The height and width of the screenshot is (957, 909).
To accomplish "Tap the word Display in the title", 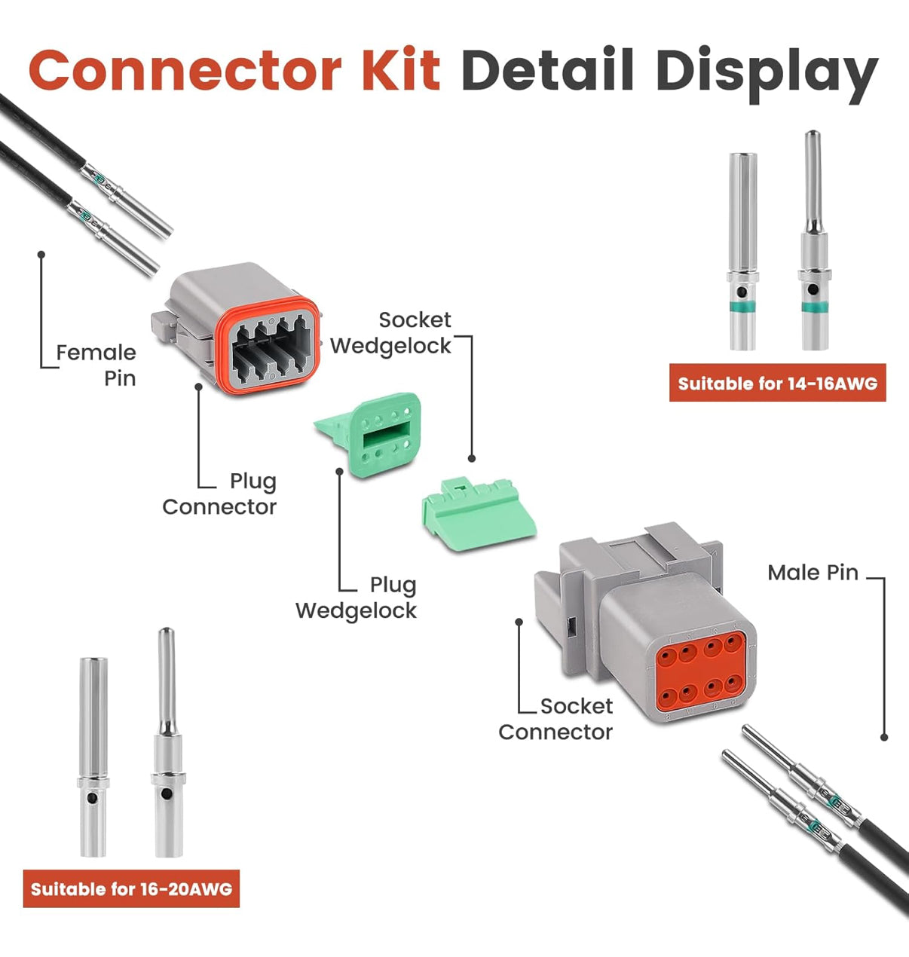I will pyautogui.click(x=767, y=72).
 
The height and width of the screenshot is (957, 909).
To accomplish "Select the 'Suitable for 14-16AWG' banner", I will pyautogui.click(x=777, y=384).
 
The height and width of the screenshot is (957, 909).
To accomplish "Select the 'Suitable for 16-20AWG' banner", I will pyautogui.click(x=131, y=889).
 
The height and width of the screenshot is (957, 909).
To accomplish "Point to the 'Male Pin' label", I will pyautogui.click(x=813, y=573).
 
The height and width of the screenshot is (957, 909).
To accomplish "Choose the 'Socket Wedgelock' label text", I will pyautogui.click(x=392, y=332).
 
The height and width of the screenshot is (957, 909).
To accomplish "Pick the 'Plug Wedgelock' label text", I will pyautogui.click(x=357, y=598).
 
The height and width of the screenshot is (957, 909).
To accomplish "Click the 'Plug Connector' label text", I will pyautogui.click(x=220, y=494).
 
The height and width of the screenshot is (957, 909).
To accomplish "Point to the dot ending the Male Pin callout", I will pyautogui.click(x=884, y=737).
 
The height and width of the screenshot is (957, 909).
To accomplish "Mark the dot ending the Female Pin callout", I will pyautogui.click(x=42, y=255).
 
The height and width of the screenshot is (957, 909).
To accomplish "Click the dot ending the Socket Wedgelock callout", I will pyautogui.click(x=472, y=457).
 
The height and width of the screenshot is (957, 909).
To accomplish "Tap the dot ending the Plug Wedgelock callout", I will pyautogui.click(x=339, y=472).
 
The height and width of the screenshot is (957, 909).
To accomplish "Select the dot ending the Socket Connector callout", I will pyautogui.click(x=519, y=622).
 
